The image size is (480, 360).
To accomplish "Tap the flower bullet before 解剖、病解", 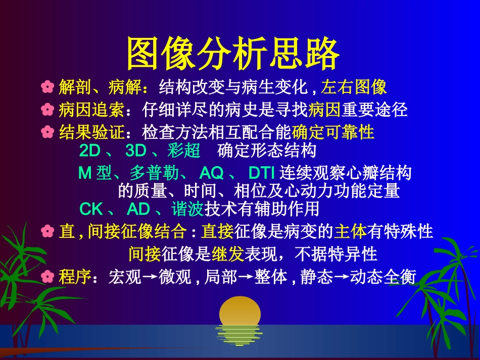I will point(47,88).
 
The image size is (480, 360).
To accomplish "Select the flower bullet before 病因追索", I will point(47,110).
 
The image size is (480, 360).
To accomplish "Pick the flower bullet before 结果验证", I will point(47,132).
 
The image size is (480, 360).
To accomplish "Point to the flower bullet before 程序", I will point(47,277).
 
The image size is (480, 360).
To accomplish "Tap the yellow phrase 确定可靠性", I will point(333,132).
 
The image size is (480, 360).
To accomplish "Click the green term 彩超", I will point(184,151).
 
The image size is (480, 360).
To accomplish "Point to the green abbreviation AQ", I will point(211,173).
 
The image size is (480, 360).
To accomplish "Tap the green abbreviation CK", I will point(91,208).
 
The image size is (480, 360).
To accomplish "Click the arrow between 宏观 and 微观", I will point(150,278).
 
